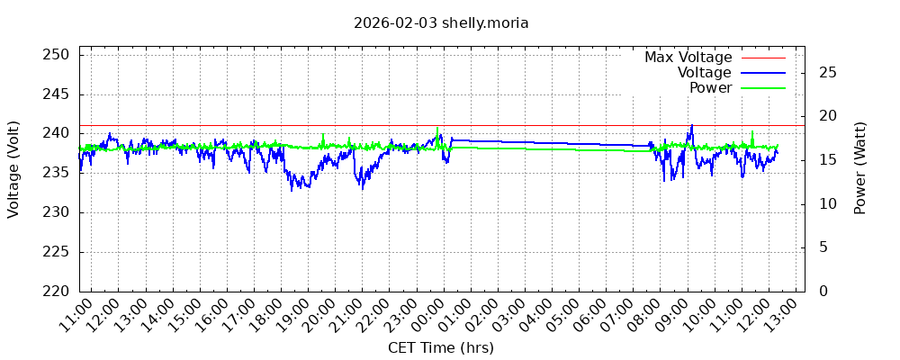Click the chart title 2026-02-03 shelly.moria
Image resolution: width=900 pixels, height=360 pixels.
[441, 22]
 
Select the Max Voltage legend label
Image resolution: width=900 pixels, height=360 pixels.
[688, 57]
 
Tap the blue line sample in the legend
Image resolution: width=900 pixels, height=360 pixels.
[763, 72]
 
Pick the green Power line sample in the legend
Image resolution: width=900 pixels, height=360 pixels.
[763, 88]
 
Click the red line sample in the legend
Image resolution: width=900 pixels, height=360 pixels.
[763, 58]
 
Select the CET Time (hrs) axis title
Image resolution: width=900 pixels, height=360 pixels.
[441, 347]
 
